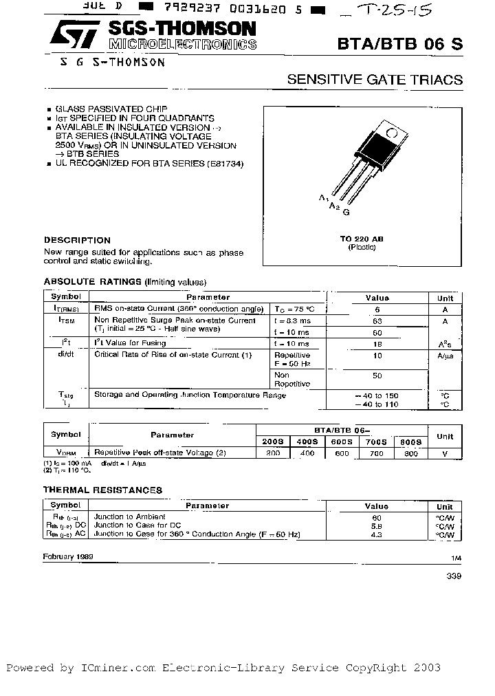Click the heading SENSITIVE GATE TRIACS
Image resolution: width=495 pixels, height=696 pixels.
click(x=375, y=80)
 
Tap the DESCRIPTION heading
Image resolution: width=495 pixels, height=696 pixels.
click(x=77, y=240)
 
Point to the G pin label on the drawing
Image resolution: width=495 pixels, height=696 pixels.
click(x=346, y=213)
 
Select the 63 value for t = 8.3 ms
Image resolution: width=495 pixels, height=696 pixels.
click(x=377, y=320)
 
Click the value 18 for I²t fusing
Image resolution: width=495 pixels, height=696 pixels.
click(x=377, y=343)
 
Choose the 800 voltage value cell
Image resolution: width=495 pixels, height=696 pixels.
click(x=412, y=454)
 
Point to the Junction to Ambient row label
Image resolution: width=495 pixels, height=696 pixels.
click(x=129, y=516)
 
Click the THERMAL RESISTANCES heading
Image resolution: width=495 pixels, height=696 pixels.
click(x=103, y=490)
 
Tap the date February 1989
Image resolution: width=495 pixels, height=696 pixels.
click(x=68, y=555)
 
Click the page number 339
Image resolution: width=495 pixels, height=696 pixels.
click(x=454, y=576)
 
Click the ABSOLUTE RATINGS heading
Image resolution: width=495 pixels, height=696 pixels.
click(x=93, y=282)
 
